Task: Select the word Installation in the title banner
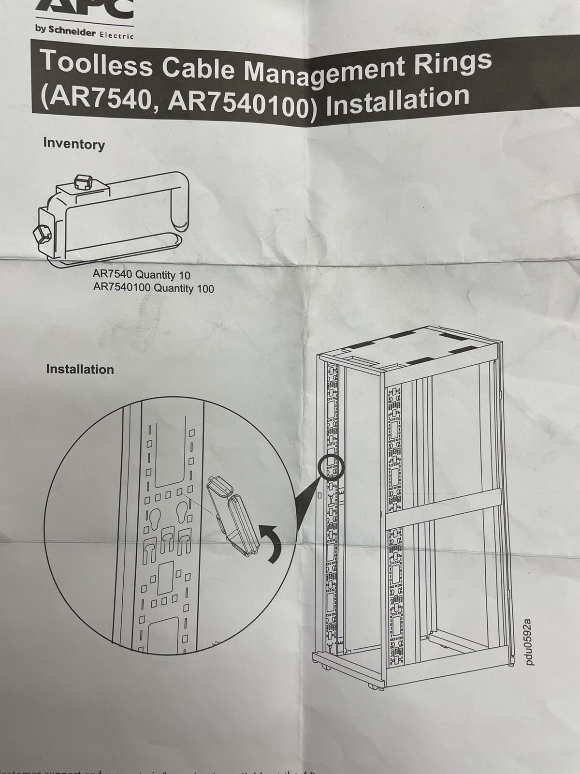pos(397,100)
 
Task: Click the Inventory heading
pos(73,144)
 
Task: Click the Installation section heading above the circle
pos(80,369)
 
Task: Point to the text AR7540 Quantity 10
pos(141,275)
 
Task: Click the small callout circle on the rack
pos(331,466)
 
